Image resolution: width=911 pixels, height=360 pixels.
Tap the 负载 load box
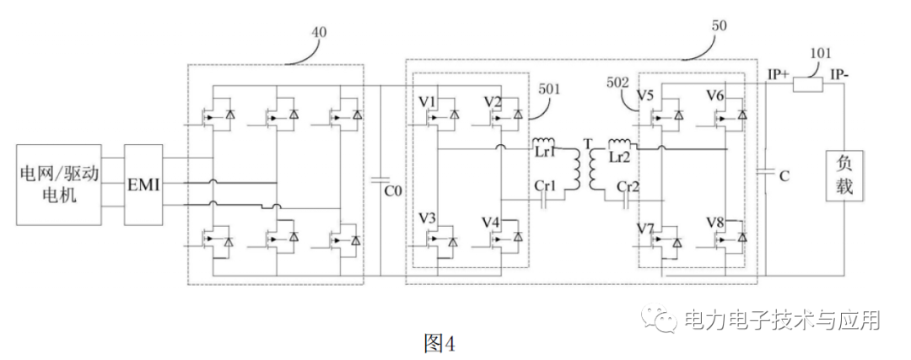pos(844,175)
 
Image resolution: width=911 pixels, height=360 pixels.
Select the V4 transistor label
pos(493,223)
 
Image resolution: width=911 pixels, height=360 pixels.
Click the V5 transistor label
pos(646,95)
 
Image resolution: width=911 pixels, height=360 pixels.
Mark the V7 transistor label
pos(647,228)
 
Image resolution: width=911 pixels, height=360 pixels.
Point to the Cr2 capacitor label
pos(628,186)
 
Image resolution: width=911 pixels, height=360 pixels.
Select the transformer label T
pos(585,142)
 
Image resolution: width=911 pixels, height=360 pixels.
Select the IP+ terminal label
pos(778,74)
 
